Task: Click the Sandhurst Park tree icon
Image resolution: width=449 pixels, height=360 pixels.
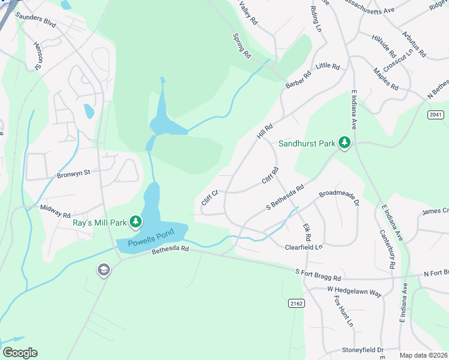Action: pyautogui.click(x=345, y=143)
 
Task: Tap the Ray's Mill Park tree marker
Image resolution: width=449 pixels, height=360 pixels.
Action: pyautogui.click(x=136, y=223)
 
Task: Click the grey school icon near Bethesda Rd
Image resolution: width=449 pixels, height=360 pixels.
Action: pyautogui.click(x=103, y=270)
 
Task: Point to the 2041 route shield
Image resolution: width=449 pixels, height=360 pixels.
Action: pyautogui.click(x=436, y=114)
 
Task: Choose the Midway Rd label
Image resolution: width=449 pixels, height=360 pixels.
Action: pyautogui.click(x=55, y=208)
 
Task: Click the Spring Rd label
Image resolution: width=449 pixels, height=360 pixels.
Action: pyautogui.click(x=243, y=46)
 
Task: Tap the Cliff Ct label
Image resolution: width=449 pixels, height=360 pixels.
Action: pyautogui.click(x=209, y=198)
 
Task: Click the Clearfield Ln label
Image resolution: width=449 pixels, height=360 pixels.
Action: pyautogui.click(x=304, y=247)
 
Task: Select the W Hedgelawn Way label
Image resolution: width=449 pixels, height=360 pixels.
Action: pyautogui.click(x=354, y=291)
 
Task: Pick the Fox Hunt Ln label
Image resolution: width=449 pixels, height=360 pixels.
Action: pyautogui.click(x=343, y=311)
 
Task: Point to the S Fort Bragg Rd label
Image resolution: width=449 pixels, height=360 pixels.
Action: pyautogui.click(x=318, y=275)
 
